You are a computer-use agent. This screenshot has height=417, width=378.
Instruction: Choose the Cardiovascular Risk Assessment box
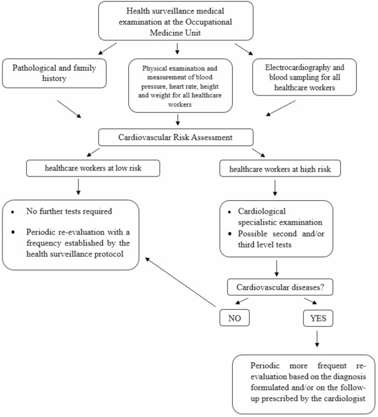(177, 137)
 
